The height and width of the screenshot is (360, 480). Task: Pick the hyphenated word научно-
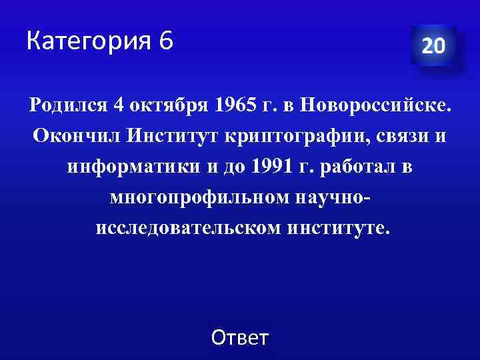[329, 198]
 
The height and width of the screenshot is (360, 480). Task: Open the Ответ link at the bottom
[239, 338]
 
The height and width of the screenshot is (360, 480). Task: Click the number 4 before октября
[119, 105]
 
